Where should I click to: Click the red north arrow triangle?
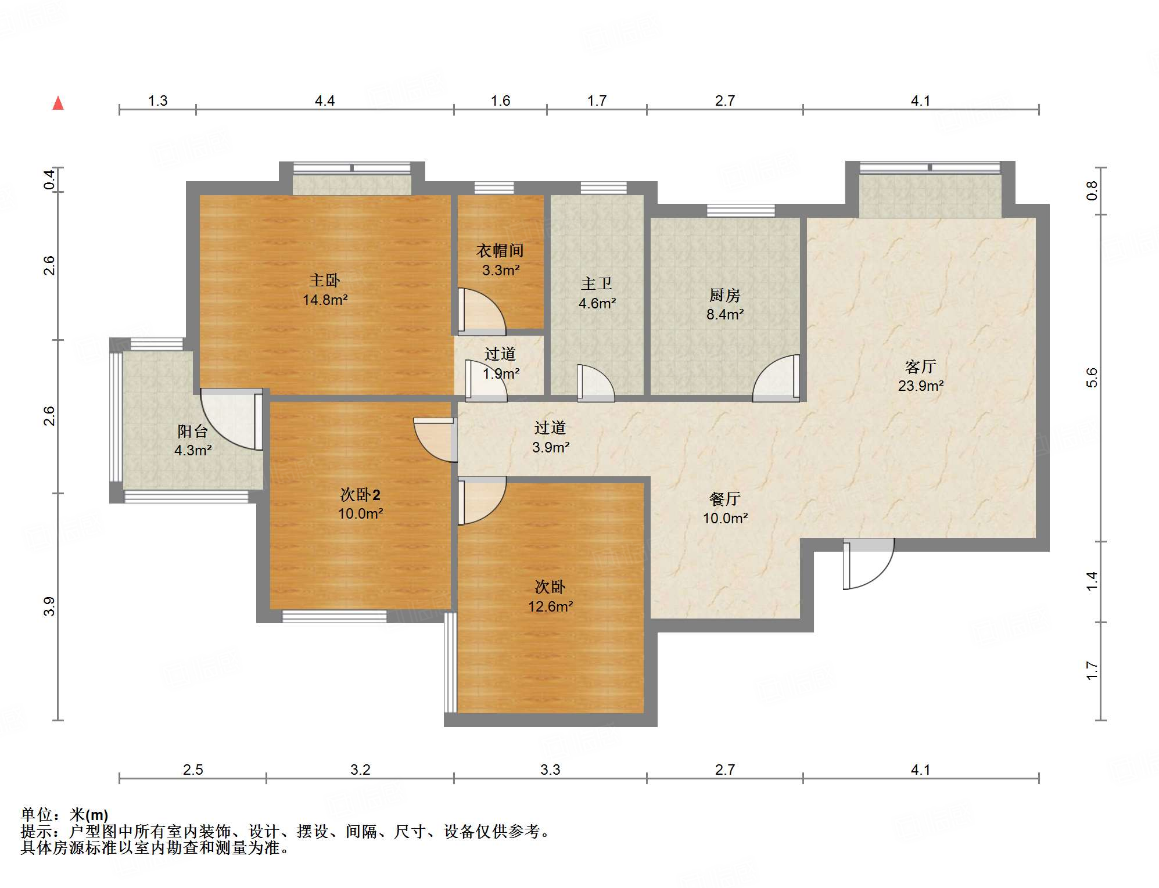[x=58, y=104]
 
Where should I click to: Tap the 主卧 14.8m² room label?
[x=325, y=290]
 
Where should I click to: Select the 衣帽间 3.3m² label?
[x=500, y=260]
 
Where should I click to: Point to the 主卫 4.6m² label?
[x=597, y=293]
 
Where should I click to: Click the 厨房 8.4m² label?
[x=724, y=305]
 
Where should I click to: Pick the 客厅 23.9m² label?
[x=920, y=376]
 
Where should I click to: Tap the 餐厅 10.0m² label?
[x=725, y=508]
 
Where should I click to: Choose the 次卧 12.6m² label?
[x=550, y=596]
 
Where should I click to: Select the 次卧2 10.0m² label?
[x=360, y=504]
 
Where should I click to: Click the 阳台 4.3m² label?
[x=192, y=440]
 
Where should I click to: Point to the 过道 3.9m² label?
[x=550, y=437]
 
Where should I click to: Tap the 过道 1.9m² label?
[x=500, y=364]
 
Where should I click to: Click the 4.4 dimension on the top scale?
[x=325, y=101]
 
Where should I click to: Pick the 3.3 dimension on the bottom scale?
[x=550, y=770]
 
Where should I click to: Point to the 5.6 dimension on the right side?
[x=1092, y=378]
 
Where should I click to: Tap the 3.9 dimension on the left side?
[x=49, y=606]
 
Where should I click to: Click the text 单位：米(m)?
[x=64, y=815]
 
